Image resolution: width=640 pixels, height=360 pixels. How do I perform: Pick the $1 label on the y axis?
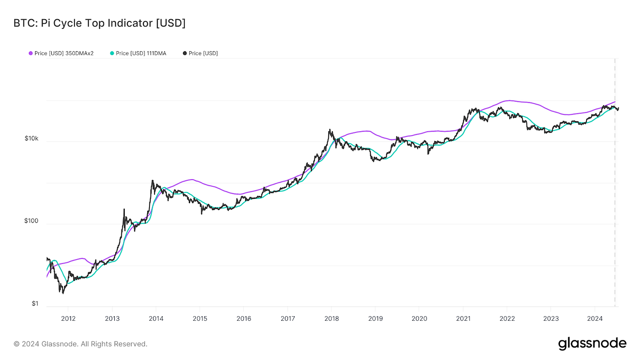(x=35, y=304)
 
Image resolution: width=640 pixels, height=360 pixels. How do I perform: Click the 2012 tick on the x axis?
(x=68, y=318)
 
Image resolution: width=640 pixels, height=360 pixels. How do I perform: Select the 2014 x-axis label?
(x=156, y=318)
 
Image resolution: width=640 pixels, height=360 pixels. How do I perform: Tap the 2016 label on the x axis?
(x=244, y=318)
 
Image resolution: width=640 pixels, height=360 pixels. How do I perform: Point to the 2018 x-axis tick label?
(x=331, y=318)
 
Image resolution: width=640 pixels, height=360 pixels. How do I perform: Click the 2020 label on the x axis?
(x=419, y=318)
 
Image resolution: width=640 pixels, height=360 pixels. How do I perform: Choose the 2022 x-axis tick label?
(x=507, y=318)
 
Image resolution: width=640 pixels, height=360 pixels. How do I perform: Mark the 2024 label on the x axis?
(x=595, y=318)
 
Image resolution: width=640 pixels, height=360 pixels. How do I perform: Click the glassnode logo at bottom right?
(x=592, y=344)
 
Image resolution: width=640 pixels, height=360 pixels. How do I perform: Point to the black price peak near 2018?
(x=329, y=130)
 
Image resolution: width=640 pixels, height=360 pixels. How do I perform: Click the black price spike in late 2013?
(x=152, y=180)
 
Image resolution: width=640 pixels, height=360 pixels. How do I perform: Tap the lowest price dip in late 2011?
(x=63, y=293)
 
